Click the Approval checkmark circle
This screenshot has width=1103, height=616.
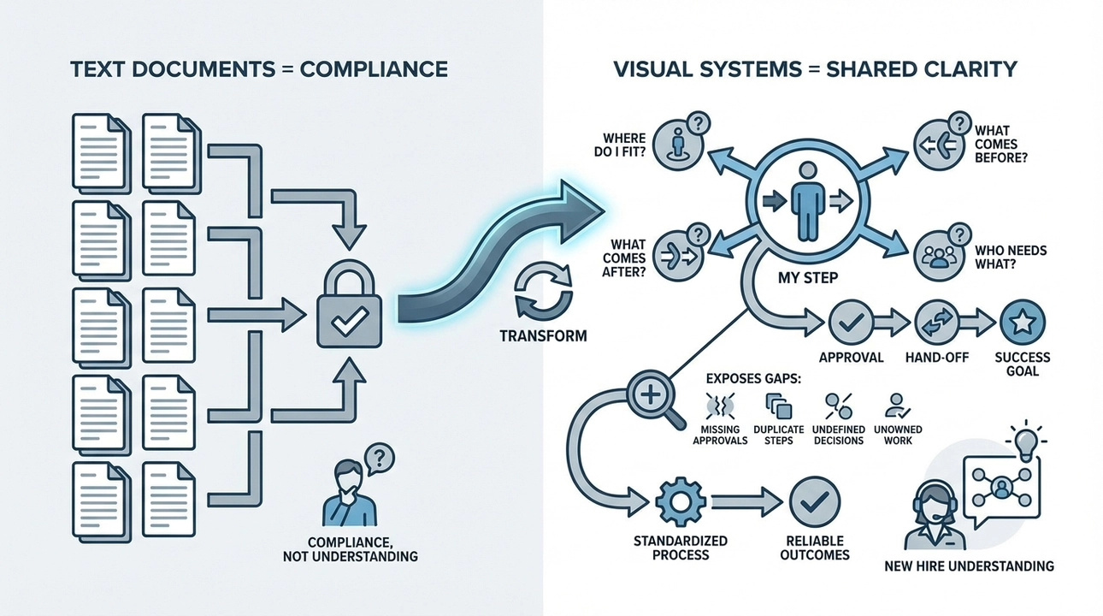coord(851,323)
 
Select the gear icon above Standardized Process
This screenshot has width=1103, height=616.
coord(681,501)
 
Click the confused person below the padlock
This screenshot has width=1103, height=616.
coord(349,492)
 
